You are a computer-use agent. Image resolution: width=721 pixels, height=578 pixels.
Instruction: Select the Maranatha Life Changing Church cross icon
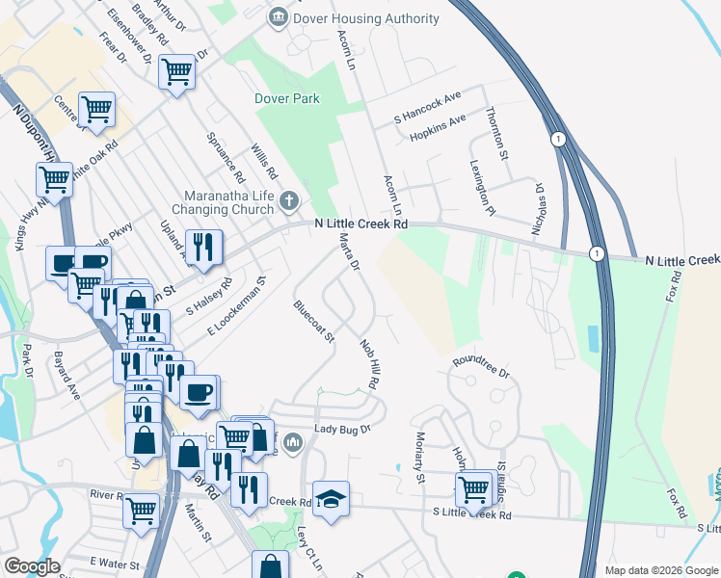pyautogui.click(x=288, y=201)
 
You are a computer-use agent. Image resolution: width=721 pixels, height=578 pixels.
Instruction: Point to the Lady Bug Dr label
pyautogui.click(x=342, y=430)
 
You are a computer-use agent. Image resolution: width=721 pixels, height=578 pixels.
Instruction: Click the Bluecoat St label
pyautogui.click(x=313, y=322)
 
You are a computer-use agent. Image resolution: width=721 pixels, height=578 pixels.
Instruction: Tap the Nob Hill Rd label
pyautogui.click(x=369, y=363)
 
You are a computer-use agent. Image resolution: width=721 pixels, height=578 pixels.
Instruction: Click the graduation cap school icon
pyautogui.click(x=331, y=498)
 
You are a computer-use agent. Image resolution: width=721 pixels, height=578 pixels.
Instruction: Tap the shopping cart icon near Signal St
pyautogui.click(x=474, y=488)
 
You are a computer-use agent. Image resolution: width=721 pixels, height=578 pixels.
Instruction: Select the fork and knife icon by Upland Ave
pyautogui.click(x=203, y=248)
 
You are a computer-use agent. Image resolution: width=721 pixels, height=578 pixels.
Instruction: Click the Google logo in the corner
pyautogui.click(x=32, y=565)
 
